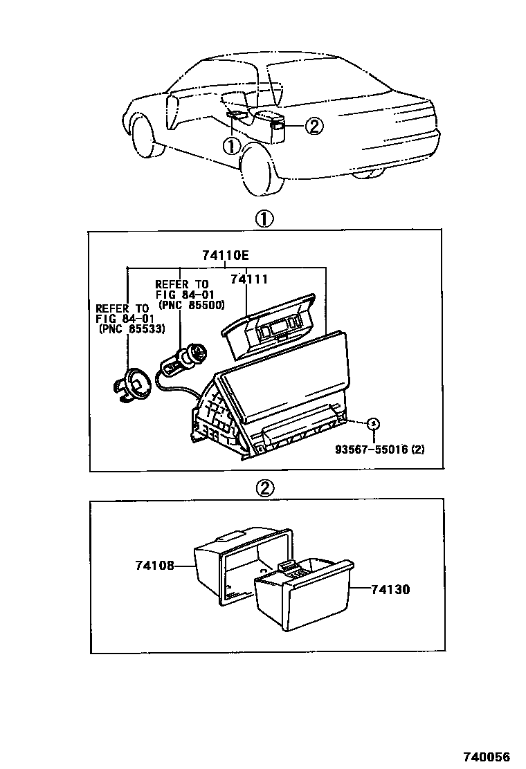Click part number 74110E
[225, 255]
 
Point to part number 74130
[390, 590]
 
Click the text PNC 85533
[131, 330]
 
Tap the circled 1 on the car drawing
[231, 146]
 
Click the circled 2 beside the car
[314, 125]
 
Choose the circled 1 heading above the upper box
[265, 219]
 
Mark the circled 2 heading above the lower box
[265, 488]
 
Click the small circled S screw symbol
[373, 423]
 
